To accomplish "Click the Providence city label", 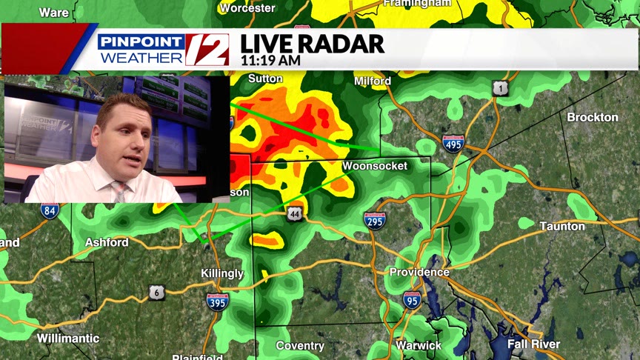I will click(x=419, y=272).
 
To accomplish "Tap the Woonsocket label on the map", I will click(x=375, y=166).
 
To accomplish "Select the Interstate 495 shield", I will click(x=453, y=144).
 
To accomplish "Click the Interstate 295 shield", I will click(x=375, y=219).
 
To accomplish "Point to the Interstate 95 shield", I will click(x=413, y=299).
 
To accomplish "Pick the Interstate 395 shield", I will click(x=218, y=300).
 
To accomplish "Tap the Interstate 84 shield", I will click(x=50, y=211).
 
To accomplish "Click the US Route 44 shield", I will click(x=296, y=213).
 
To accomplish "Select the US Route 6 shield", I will click(x=156, y=292).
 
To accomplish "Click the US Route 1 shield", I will click(x=501, y=89).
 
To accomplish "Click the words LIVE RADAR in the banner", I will click(x=312, y=44).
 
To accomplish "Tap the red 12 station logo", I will click(x=206, y=50).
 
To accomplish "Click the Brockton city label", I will click(x=593, y=117).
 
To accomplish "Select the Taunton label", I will click(x=562, y=226).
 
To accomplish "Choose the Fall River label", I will click(x=533, y=344).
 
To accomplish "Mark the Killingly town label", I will click(x=222, y=273).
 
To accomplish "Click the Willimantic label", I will click(x=68, y=339).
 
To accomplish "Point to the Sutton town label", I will click(x=266, y=79).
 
